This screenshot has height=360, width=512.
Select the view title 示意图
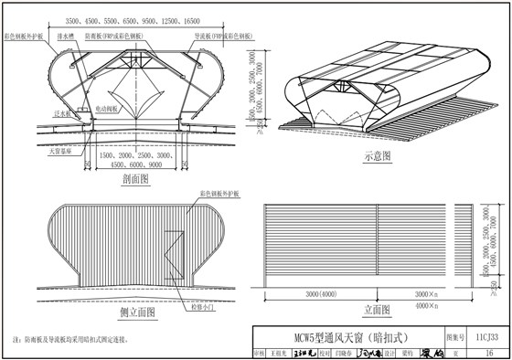pyautogui.click(x=377, y=156)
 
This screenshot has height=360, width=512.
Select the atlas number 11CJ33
pyautogui.click(x=485, y=334)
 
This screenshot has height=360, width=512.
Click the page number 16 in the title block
pyautogui.click(x=485, y=352)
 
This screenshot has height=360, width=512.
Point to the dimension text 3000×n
pyautogui.click(x=425, y=294)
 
